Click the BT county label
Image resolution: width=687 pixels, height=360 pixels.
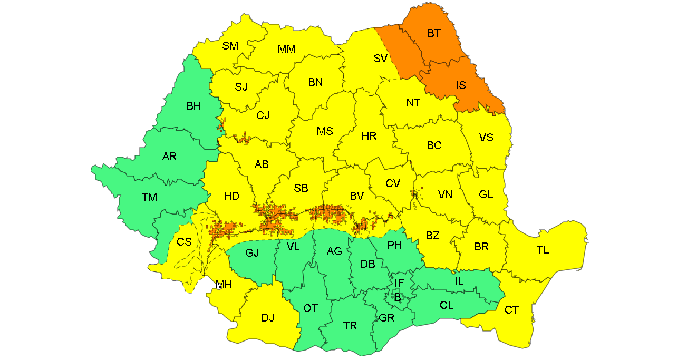434,34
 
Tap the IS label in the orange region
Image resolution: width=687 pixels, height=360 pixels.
461,85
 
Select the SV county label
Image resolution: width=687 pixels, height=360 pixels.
381,59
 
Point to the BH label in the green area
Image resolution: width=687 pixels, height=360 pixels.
193,106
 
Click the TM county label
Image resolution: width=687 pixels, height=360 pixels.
149,198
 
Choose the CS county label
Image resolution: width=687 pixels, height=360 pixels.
184,242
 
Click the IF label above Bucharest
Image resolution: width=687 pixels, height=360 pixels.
399,283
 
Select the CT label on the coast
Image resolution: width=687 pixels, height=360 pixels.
511,310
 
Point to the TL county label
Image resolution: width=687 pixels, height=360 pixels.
543,250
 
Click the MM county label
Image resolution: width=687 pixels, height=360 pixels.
287,49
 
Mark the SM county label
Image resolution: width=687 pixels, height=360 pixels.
230,46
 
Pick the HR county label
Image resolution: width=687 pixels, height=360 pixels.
369,136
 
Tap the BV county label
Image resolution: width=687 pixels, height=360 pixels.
357,196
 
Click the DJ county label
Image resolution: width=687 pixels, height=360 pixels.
268,318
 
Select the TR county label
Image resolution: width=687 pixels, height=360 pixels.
350,326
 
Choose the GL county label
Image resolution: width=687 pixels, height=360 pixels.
486,194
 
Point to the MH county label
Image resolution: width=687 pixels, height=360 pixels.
224,285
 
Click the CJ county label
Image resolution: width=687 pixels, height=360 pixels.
263,115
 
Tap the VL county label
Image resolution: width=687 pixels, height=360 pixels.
293,246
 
